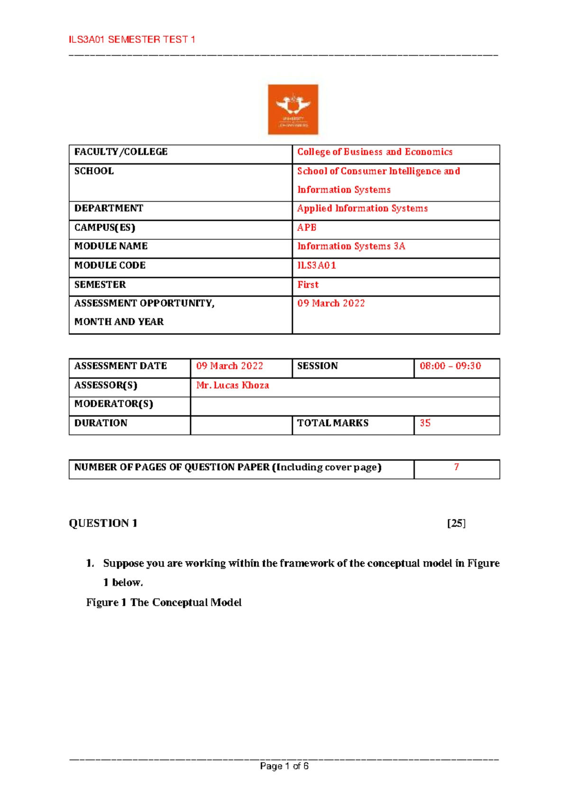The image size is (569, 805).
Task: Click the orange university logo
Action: (x=293, y=109)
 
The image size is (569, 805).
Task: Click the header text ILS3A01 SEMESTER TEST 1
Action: (x=132, y=40)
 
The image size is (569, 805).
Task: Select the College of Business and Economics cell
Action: (x=375, y=152)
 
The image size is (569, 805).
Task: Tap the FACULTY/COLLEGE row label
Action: (x=121, y=152)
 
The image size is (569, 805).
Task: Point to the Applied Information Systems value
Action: (x=362, y=208)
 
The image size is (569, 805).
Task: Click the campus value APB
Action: (x=307, y=227)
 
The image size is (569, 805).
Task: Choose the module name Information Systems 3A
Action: (x=351, y=246)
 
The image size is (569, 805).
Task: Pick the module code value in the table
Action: (x=317, y=265)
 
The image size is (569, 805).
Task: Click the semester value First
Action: (x=308, y=285)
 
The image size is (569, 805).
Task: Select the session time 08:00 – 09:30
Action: (x=450, y=366)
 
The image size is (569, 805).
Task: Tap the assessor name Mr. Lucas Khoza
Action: (x=232, y=385)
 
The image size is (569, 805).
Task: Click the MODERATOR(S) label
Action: (x=114, y=404)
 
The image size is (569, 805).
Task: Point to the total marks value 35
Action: (x=425, y=423)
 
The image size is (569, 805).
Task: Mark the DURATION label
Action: (x=101, y=423)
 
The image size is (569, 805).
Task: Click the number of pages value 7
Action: (x=456, y=467)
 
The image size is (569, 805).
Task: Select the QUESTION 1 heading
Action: (x=103, y=523)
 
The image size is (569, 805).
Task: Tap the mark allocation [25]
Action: (x=456, y=523)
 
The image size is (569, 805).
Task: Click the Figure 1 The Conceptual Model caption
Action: (x=164, y=602)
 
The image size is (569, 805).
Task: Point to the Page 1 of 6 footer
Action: (x=284, y=766)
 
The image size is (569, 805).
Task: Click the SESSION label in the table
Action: (x=317, y=366)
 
